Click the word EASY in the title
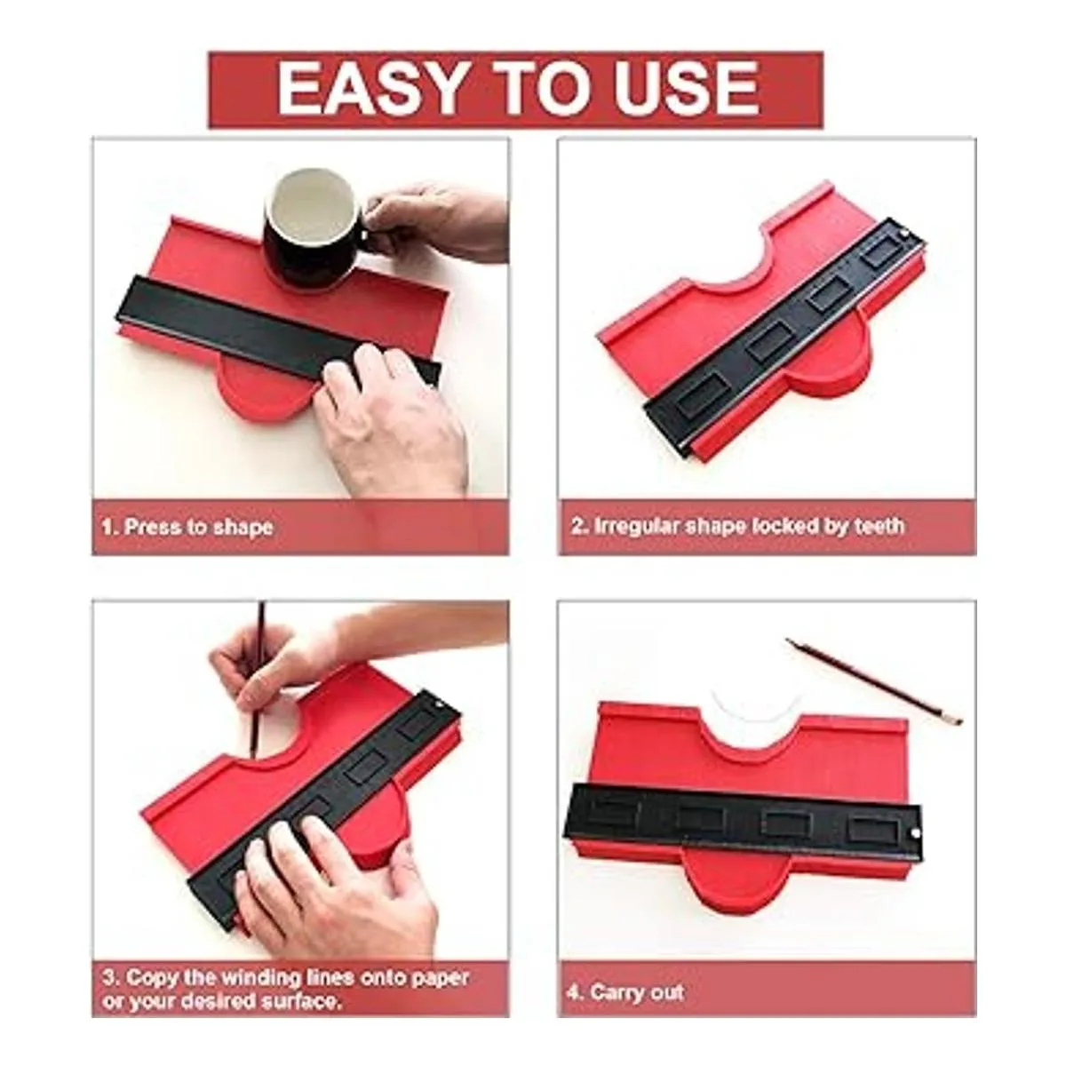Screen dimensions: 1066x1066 click(x=369, y=88)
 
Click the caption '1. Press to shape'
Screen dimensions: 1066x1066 click(x=187, y=527)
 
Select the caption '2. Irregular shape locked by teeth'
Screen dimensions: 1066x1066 click(x=738, y=526)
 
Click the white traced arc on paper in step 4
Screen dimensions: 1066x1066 click(x=752, y=713)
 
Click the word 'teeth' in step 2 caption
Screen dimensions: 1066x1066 click(x=879, y=526)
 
